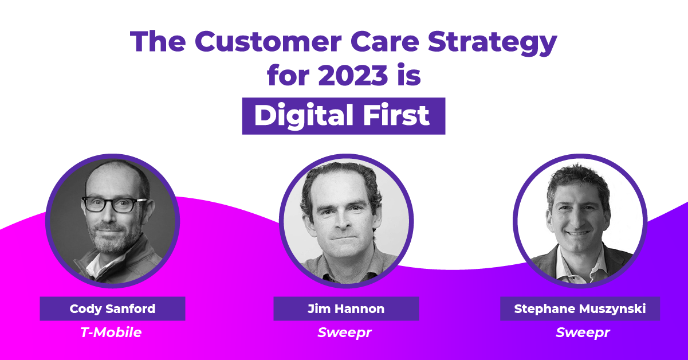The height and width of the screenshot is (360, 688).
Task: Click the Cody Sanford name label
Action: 112,308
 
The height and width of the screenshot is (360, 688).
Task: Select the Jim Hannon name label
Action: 345,308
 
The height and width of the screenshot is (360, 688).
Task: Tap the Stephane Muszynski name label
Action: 580,308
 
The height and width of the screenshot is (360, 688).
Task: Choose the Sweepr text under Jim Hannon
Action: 345,332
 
